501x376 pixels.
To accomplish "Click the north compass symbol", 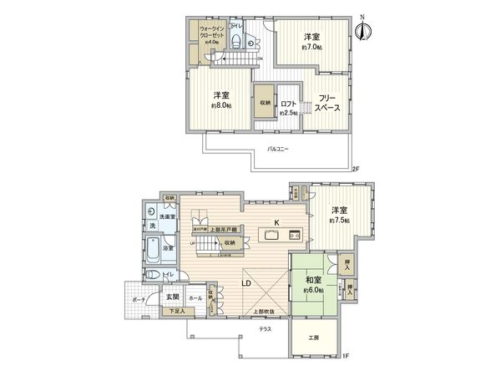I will pyautogui.click(x=362, y=28).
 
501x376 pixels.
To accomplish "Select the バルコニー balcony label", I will pyautogui.click(x=278, y=148).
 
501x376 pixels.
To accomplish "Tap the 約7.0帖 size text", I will pyautogui.click(x=311, y=48).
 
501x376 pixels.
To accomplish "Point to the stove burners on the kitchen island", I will pyautogui.click(x=295, y=236).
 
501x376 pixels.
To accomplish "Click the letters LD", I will pyautogui.click(x=248, y=282).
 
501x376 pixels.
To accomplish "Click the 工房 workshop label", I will pyautogui.click(x=313, y=338).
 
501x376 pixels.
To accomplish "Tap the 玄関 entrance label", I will pyautogui.click(x=171, y=296).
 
